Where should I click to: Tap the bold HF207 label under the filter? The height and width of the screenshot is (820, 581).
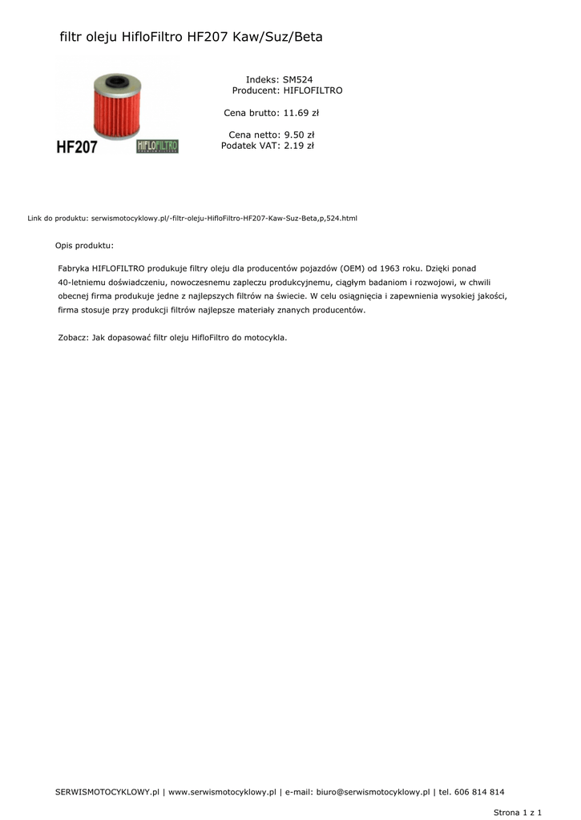77,147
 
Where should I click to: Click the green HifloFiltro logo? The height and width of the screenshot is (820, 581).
158,147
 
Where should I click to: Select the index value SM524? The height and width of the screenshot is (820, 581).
298,80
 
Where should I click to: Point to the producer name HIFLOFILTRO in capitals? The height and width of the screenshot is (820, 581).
313,90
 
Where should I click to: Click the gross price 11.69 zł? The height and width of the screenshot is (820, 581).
301,113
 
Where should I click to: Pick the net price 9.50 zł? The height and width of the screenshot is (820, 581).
299,135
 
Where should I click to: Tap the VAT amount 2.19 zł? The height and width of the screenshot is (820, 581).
299,146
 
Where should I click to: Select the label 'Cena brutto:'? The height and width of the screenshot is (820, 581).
251,113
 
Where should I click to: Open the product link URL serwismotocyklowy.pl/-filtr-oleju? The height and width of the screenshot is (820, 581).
224,218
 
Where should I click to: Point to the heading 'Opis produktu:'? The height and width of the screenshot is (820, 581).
84,244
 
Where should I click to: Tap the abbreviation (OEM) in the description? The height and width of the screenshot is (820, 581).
351,268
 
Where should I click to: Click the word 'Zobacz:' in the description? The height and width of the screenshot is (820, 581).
74,338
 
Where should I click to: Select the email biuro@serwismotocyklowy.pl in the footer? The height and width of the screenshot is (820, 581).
373,792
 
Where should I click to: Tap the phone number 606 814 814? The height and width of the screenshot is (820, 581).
479,792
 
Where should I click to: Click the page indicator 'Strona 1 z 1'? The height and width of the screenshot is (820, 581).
518,812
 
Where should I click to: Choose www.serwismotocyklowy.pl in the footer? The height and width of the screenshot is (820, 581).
222,792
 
